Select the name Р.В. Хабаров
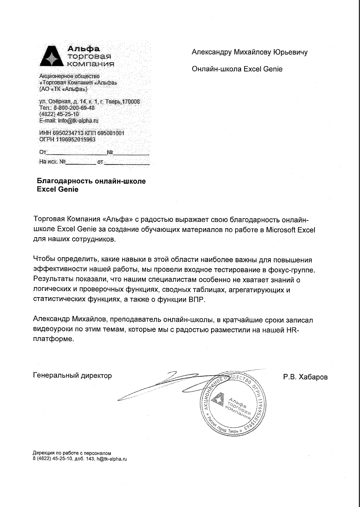(x=305, y=377)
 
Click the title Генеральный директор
(x=72, y=375)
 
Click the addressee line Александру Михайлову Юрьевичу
(x=250, y=52)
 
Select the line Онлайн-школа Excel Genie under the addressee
(x=237, y=69)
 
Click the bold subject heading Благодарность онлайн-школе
(x=91, y=181)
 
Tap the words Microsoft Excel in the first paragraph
(x=291, y=230)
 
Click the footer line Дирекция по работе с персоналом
(x=72, y=453)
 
